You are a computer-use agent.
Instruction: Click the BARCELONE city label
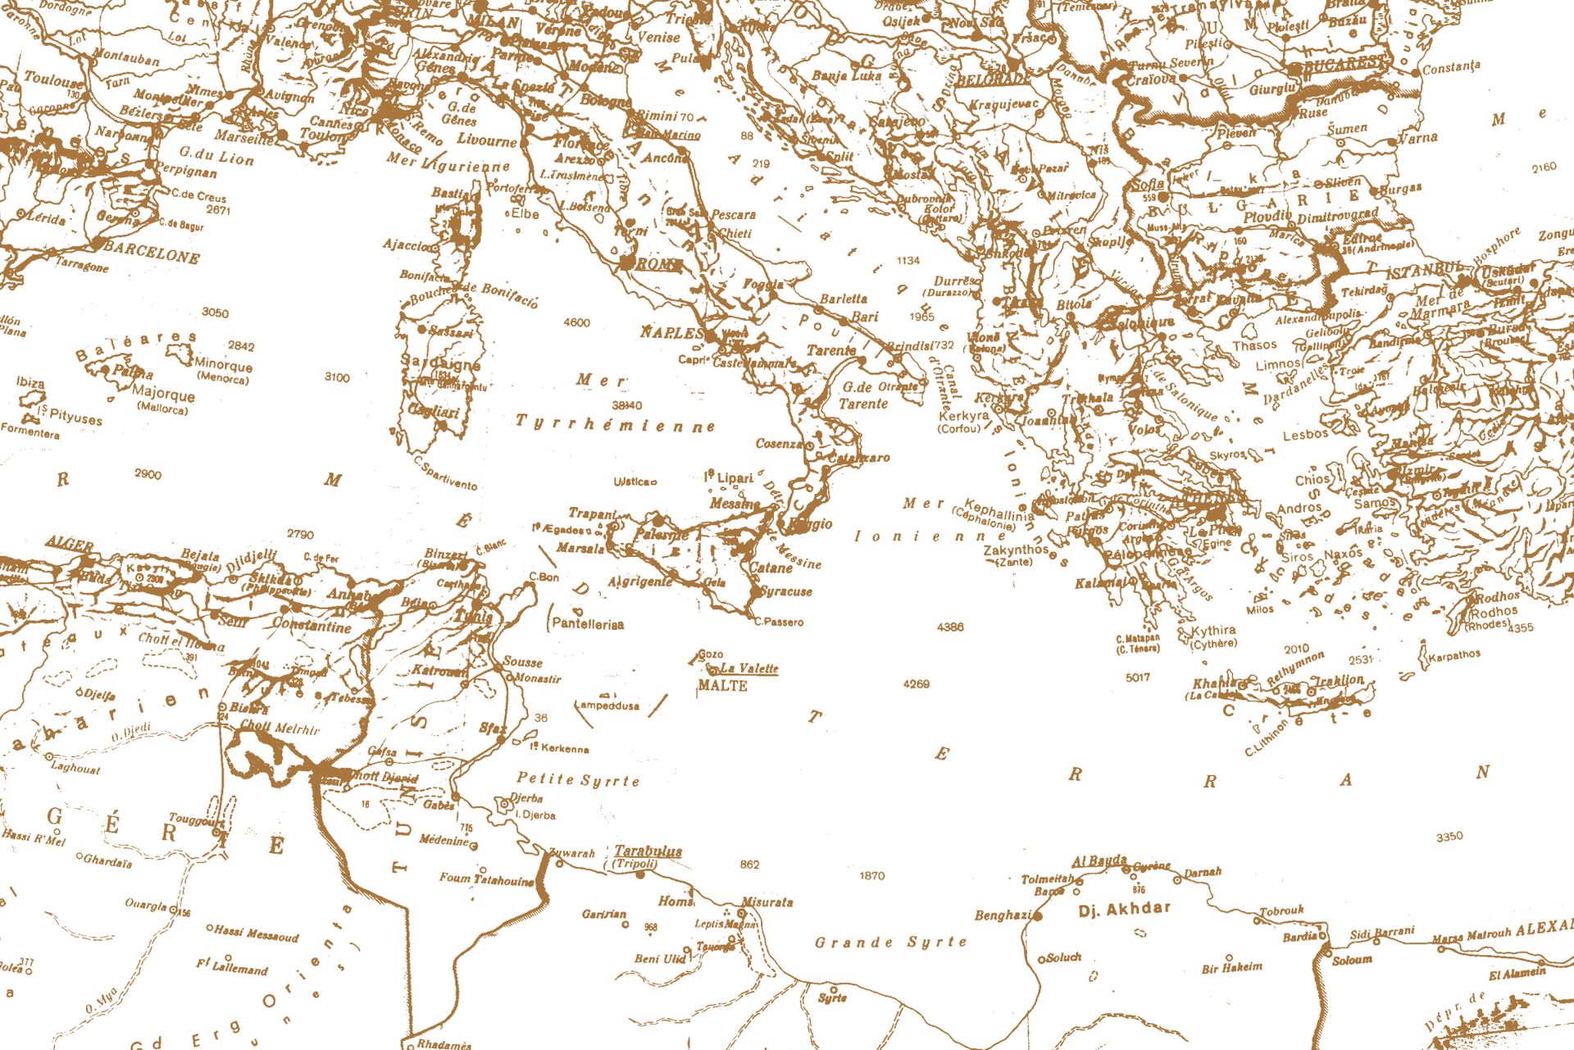coord(152,252)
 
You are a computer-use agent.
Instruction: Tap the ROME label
coord(658,264)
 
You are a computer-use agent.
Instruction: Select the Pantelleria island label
coord(588,624)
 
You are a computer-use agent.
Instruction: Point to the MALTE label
coord(722,686)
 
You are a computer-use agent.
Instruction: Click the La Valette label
coord(748,669)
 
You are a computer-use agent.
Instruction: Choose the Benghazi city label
coord(1003,915)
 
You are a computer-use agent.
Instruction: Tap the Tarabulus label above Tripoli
coord(648,851)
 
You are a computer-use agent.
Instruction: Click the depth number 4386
coord(950,627)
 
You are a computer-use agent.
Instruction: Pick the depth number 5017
coord(1137,678)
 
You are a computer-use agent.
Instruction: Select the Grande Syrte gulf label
coord(890,942)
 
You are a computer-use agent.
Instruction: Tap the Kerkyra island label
coord(963,416)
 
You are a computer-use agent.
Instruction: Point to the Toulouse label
coord(53,80)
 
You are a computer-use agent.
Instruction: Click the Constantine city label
coord(312,626)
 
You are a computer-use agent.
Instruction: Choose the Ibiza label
coord(30,382)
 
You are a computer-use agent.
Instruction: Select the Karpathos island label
coord(1454,655)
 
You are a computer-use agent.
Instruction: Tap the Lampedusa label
coord(607,705)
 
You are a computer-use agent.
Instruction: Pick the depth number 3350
coord(1449,837)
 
